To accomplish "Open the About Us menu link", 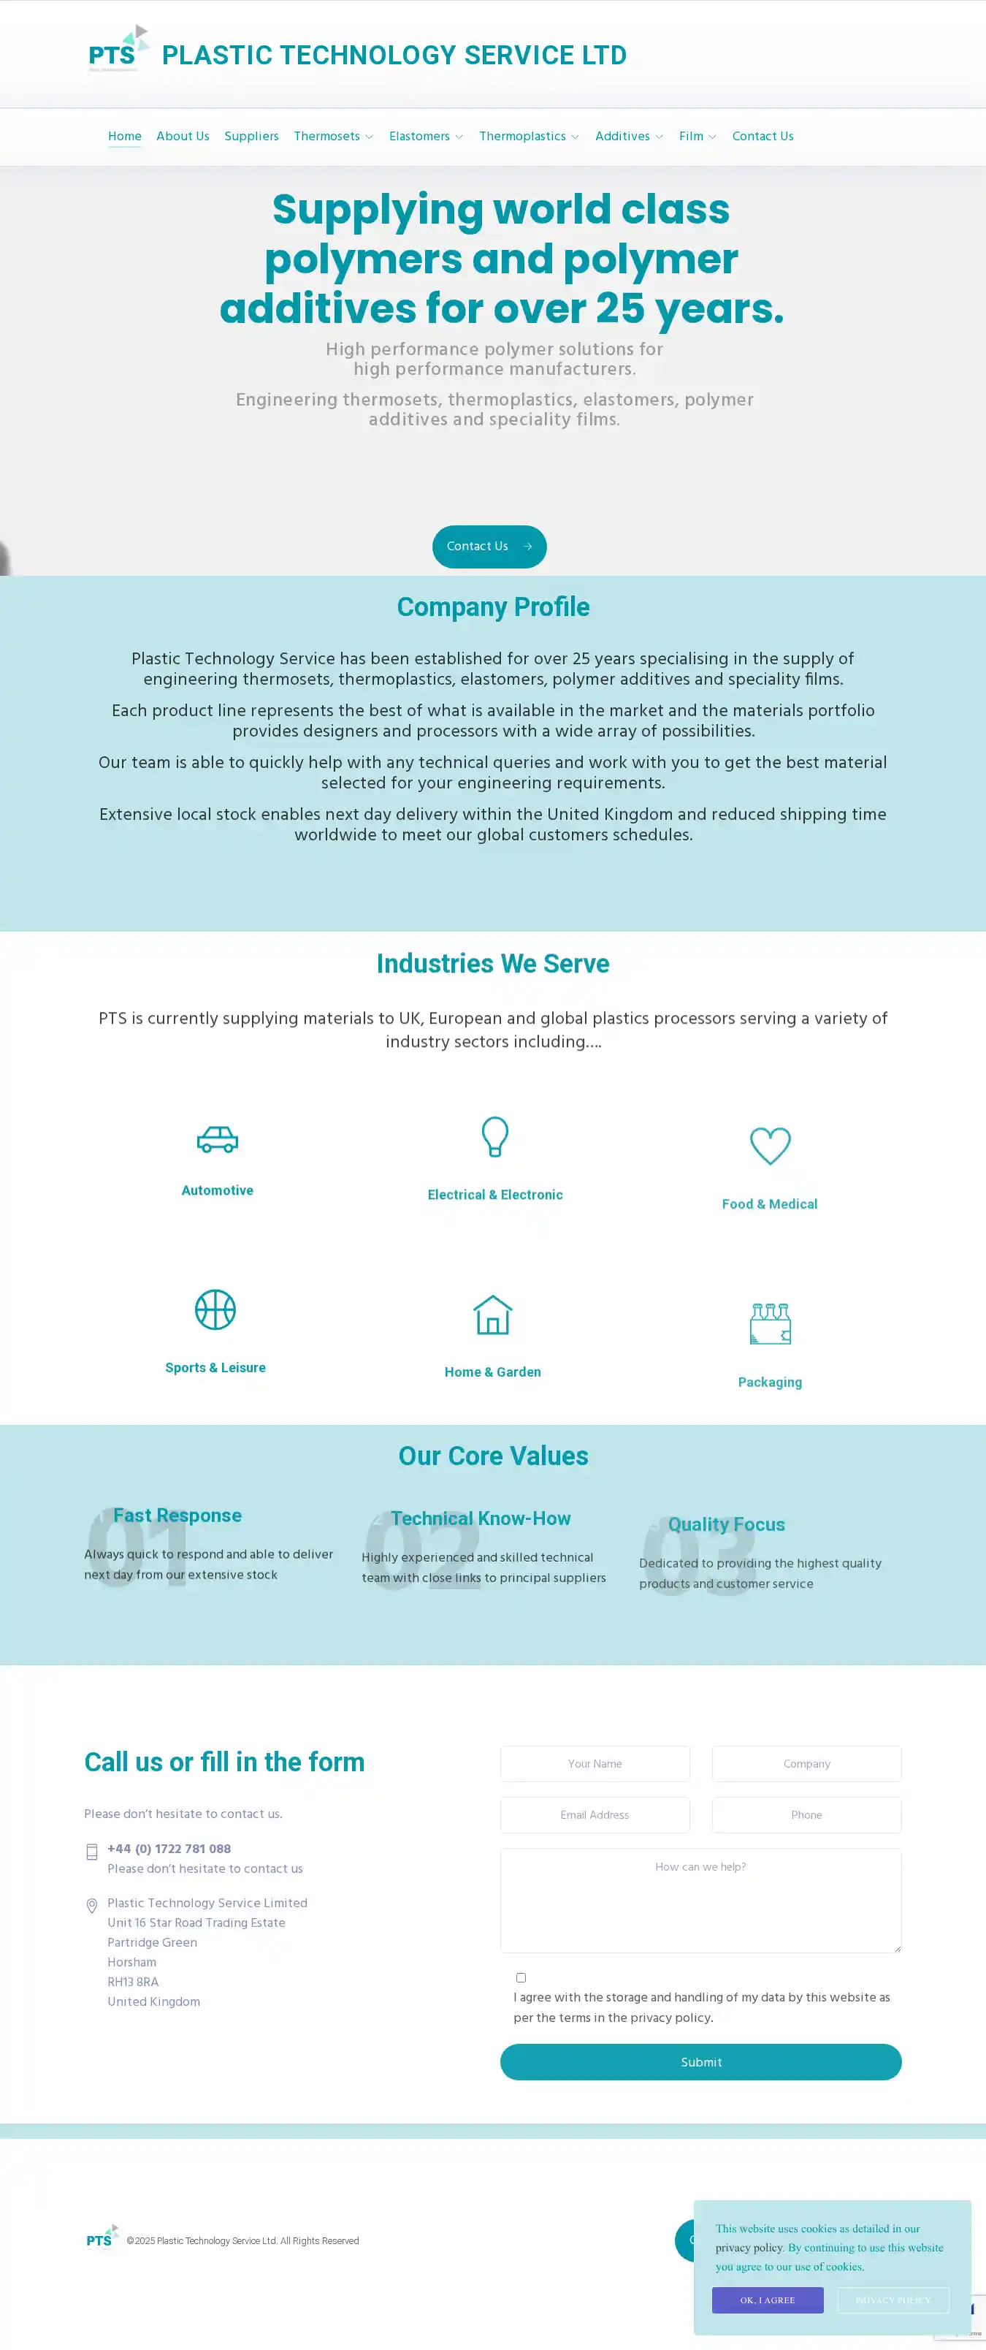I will click(x=183, y=136).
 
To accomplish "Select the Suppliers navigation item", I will click(x=251, y=136).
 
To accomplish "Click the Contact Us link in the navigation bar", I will click(x=762, y=136).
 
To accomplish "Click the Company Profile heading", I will click(x=492, y=606).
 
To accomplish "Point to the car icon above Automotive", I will click(x=217, y=1139).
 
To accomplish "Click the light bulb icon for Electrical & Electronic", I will click(x=494, y=1137).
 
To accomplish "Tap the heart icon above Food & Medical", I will click(x=769, y=1146).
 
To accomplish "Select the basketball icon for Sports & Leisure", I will click(x=215, y=1310).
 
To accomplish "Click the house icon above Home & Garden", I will click(x=492, y=1315).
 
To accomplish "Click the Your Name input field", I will click(x=595, y=1763).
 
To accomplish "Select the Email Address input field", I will click(x=595, y=1814).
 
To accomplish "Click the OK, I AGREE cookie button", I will click(x=767, y=2300).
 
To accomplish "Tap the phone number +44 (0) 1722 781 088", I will click(x=169, y=1848).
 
